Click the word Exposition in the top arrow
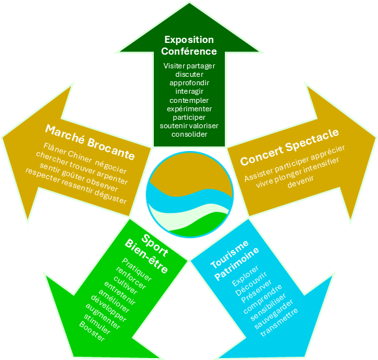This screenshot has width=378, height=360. (x=189, y=40)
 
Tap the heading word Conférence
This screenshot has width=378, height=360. (x=189, y=51)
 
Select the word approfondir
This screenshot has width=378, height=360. (x=189, y=83)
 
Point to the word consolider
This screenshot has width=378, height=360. (x=189, y=134)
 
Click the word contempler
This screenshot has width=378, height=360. (x=189, y=100)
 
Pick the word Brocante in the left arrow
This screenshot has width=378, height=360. (x=111, y=149)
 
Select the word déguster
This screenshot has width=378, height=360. (x=110, y=196)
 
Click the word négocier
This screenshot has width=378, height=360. (x=111, y=167)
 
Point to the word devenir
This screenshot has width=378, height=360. (x=300, y=182)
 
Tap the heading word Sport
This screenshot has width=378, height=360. (x=154, y=245)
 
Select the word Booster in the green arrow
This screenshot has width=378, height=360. (x=92, y=331)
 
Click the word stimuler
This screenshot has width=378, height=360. (x=97, y=324)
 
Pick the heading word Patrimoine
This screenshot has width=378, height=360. (x=237, y=264)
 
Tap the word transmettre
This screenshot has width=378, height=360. (x=279, y=322)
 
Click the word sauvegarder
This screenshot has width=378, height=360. (x=274, y=314)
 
